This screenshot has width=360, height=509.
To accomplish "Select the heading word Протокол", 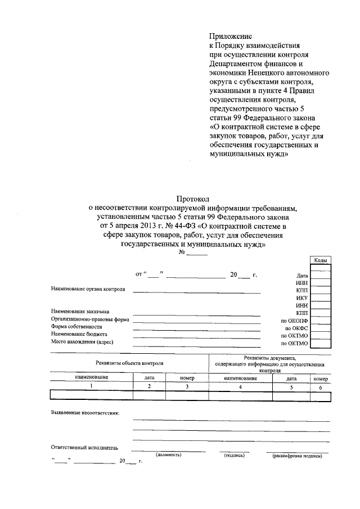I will click(x=193, y=199).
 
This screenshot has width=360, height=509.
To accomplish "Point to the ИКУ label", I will click(x=301, y=296).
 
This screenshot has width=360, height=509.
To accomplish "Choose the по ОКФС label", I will click(x=296, y=327).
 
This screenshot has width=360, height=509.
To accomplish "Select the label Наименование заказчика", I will click(x=80, y=311).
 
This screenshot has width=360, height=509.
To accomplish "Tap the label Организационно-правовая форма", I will click(x=90, y=319).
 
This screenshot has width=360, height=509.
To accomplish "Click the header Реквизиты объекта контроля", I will click(x=129, y=364).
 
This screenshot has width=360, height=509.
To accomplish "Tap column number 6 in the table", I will click(x=320, y=388).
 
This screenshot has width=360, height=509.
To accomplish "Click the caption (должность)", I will click(x=168, y=455).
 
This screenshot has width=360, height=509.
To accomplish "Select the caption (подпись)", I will click(x=233, y=455).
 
